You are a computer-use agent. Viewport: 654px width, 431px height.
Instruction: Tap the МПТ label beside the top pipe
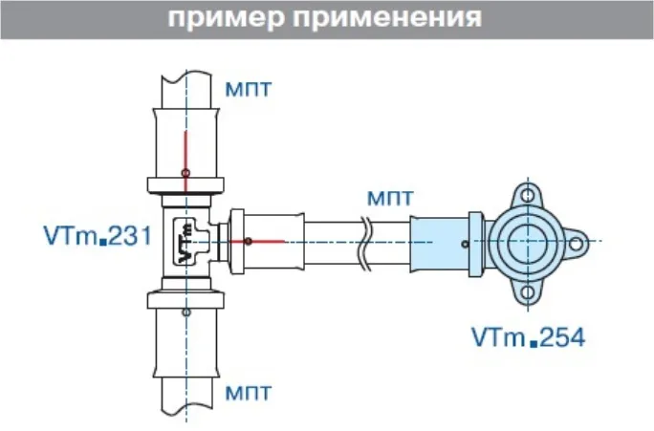tap(249, 90)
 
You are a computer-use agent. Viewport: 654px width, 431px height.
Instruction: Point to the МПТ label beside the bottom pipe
tap(249, 392)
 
